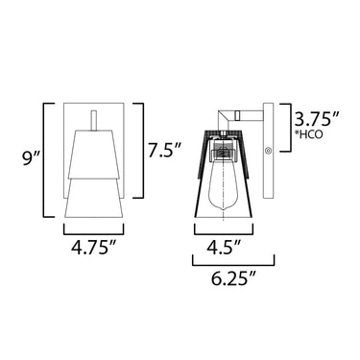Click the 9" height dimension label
31,158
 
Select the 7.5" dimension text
164,151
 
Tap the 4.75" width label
94,248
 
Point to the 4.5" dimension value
224,248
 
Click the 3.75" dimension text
317,120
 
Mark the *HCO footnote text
309,134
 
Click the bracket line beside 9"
44,160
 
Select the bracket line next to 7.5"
142,151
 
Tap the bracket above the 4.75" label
94,234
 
